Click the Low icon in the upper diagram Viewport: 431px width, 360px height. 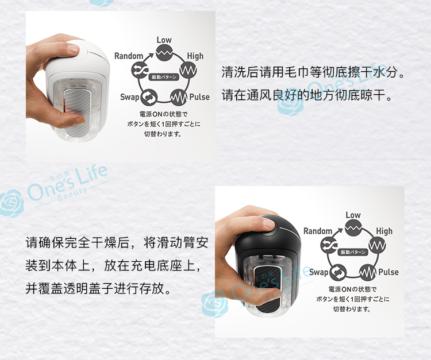coord(164,53)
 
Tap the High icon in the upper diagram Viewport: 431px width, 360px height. coord(188,70)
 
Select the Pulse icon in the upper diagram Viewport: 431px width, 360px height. coord(179,97)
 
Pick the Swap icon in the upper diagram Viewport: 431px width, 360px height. coord(149,97)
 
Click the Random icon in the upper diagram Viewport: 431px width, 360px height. coord(140,70)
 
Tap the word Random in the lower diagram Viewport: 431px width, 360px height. coord(318,231)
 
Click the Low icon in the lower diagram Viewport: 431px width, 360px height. coord(353,227)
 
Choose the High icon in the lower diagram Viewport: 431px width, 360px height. coord(377,245)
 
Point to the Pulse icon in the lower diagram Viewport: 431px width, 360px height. coord(368,272)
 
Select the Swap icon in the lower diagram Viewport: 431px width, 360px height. coord(338,272)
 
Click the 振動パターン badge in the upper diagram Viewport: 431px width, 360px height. coord(164,77)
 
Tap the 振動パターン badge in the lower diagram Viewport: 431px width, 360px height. coord(353,252)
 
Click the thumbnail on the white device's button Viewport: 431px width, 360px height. coord(73,49)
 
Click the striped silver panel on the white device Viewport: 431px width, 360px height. coord(76,112)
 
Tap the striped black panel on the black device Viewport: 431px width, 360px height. coord(267,289)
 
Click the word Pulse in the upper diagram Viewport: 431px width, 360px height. coord(199,97)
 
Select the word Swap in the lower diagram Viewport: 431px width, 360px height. coord(319,272)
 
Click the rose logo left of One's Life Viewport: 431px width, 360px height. coord(11,203)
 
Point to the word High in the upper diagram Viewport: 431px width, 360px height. coord(195,56)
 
